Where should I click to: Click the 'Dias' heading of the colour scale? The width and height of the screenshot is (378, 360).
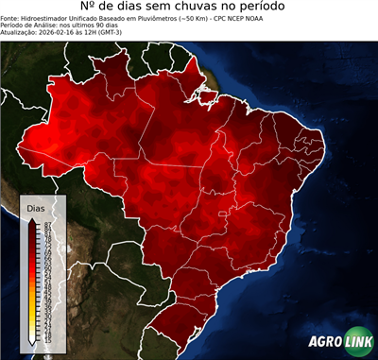click(35, 207)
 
